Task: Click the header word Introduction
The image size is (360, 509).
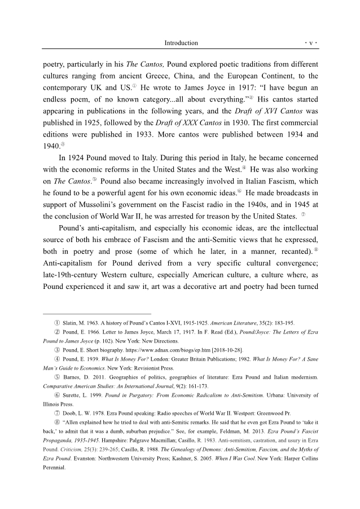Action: (181, 43)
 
